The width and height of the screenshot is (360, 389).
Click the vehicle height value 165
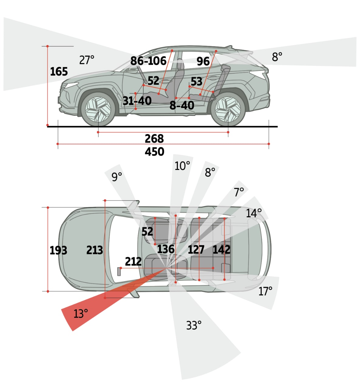pyautogui.click(x=59, y=72)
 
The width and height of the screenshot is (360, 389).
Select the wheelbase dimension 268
pyautogui.click(x=154, y=139)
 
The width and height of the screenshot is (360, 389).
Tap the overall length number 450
pyautogui.click(x=154, y=151)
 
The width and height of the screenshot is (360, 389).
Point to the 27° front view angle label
pyautogui.click(x=87, y=60)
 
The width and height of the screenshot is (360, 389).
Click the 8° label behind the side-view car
pyautogui.click(x=277, y=57)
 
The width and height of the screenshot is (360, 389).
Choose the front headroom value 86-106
pyautogui.click(x=148, y=61)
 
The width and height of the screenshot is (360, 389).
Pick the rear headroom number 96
pyautogui.click(x=203, y=61)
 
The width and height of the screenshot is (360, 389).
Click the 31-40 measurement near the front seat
pyautogui.click(x=137, y=101)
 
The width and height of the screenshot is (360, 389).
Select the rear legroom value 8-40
pyautogui.click(x=182, y=105)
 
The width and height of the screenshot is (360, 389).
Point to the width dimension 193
pyautogui.click(x=58, y=250)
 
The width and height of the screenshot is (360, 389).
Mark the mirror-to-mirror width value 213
pyautogui.click(x=95, y=250)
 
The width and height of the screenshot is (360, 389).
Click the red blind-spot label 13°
pyautogui.click(x=81, y=313)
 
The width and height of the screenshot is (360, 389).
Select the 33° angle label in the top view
pyautogui.click(x=194, y=325)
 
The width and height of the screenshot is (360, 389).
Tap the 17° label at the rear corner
pyautogui.click(x=265, y=291)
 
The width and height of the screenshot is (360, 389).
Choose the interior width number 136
pyautogui.click(x=166, y=249)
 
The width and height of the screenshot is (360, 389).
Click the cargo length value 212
pyautogui.click(x=133, y=261)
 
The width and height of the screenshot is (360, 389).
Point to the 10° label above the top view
pyautogui.click(x=182, y=166)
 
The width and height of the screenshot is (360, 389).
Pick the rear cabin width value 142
pyautogui.click(x=221, y=250)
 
